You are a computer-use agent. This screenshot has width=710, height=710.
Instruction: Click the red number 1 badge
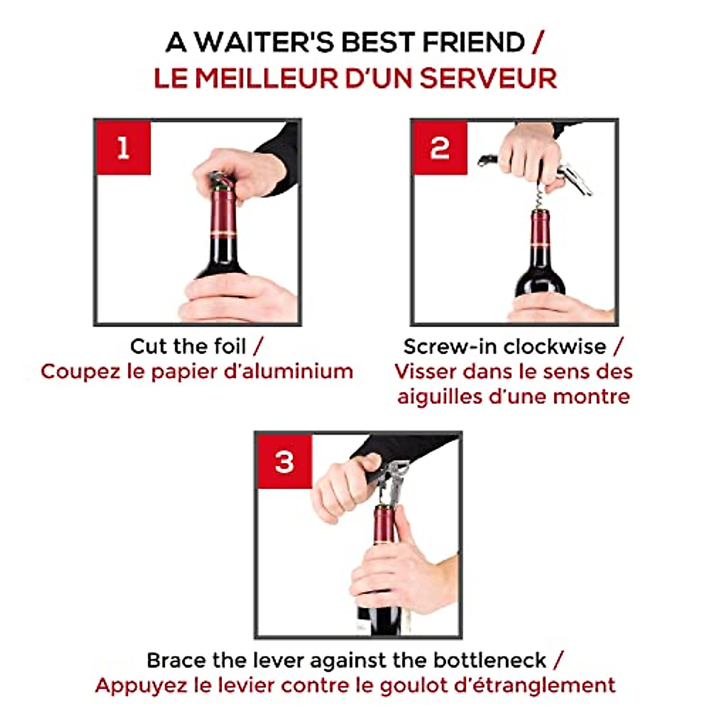pos(123,147)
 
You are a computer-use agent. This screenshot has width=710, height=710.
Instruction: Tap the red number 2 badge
pos(440,147)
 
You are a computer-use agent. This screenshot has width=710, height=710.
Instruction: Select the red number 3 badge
pos(284,461)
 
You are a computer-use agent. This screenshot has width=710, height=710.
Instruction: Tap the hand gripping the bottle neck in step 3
pos(393,568)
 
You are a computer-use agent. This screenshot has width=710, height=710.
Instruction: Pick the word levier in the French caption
pos(248,686)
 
